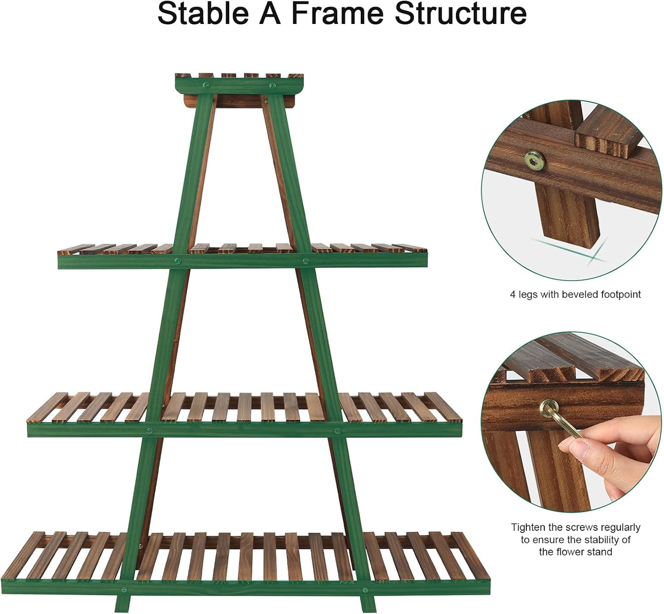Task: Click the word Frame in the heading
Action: [337, 14]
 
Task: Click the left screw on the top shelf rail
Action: [206, 85]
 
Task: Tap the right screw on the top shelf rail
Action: [272, 85]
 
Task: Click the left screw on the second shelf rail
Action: [177, 261]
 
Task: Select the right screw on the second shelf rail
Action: [305, 261]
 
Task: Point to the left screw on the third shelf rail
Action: [149, 430]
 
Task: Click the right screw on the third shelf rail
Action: [337, 430]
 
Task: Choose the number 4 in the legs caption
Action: [512, 294]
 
